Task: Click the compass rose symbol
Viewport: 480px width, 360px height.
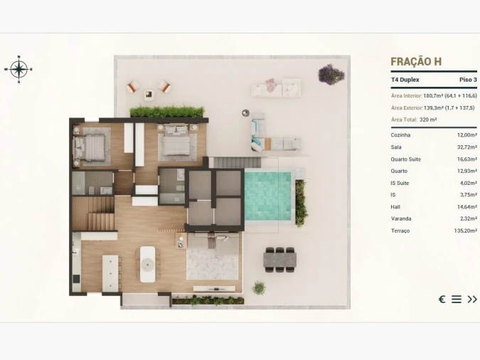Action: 18,69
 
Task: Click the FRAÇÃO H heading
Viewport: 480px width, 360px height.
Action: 416,62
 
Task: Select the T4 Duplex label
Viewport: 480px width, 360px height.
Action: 406,80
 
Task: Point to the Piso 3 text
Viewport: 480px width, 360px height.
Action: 468,80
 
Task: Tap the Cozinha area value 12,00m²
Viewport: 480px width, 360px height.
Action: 466,134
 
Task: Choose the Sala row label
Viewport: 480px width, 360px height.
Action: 396,147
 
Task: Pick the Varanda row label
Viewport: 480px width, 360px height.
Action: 401,218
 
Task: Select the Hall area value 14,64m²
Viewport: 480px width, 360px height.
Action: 466,206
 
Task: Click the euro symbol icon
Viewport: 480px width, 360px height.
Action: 442,299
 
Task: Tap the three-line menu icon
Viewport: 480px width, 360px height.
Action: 457,299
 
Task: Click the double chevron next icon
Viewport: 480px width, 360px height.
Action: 472,299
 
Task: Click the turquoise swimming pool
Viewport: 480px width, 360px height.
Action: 268,196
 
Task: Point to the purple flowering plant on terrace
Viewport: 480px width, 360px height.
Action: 331,74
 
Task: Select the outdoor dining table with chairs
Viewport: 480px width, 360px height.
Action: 279,259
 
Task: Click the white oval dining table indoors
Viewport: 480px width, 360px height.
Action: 148,264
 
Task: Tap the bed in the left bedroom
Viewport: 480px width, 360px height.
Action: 90,147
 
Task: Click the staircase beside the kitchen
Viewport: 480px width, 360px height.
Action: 93,213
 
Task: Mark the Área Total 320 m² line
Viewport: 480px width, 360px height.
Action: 414,120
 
